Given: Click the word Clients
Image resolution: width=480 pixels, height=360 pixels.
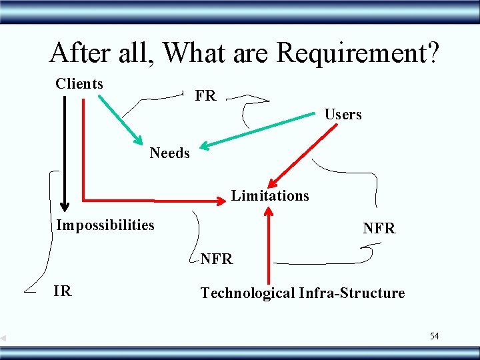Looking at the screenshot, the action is point(79,84).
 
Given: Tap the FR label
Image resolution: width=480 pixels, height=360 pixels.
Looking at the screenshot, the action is point(205,96).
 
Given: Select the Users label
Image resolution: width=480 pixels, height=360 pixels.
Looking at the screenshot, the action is point(343,115).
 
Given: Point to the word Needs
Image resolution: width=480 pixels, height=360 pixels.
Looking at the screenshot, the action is point(169,153).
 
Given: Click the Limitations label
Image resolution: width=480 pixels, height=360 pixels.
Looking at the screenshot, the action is point(270,196).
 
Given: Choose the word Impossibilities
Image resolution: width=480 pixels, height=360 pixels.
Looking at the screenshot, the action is point(105,225).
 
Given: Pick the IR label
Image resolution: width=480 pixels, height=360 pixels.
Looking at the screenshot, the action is point(63,291).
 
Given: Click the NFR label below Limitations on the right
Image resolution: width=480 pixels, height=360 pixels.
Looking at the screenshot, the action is point(379,229).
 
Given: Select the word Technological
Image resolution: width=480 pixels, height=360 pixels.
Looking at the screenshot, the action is point(247,293).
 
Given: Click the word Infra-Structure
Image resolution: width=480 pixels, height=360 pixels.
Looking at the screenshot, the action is point(352,293).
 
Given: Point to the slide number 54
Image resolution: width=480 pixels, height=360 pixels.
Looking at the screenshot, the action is point(434,336).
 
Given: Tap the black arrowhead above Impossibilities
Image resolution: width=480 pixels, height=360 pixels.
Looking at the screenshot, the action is point(65,203).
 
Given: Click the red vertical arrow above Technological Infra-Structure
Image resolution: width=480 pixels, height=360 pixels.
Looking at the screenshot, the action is point(269,247).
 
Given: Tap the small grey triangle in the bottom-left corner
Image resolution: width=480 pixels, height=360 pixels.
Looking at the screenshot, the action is point(3,339).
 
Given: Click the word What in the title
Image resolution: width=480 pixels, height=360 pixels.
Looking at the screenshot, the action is point(190,53).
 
